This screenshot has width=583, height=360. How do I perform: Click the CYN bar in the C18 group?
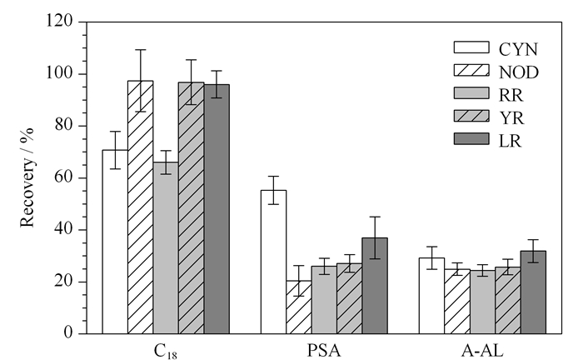click(x=115, y=242)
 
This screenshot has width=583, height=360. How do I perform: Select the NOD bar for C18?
click(x=141, y=207)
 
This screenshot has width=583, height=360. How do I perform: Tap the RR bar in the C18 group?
click(x=166, y=247)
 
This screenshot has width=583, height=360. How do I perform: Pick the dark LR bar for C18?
click(x=217, y=209)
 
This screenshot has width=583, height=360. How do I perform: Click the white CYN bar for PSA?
click(x=274, y=262)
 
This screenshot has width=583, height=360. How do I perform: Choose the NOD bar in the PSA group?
click(x=299, y=307)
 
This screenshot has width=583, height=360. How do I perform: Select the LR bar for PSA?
click(x=375, y=286)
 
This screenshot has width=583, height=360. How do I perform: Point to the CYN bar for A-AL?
click(x=431, y=296)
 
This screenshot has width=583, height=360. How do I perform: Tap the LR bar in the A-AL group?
click(x=533, y=292)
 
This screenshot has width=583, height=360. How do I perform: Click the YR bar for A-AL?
click(x=508, y=300)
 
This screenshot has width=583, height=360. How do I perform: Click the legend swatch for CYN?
click(x=471, y=47)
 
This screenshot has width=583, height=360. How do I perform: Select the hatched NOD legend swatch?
click(x=471, y=70)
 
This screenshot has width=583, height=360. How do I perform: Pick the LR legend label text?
click(x=510, y=141)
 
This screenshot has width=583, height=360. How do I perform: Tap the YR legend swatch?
click(x=471, y=116)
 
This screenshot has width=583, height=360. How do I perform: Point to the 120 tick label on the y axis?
click(x=59, y=21)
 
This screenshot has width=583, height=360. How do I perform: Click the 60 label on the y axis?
click(x=64, y=177)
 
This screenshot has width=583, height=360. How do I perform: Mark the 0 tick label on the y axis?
click(x=68, y=332)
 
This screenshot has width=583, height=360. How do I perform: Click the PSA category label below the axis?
click(x=324, y=350)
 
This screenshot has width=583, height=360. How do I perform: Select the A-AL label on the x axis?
click(x=482, y=350)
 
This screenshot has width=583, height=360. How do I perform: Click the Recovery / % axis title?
click(x=27, y=177)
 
